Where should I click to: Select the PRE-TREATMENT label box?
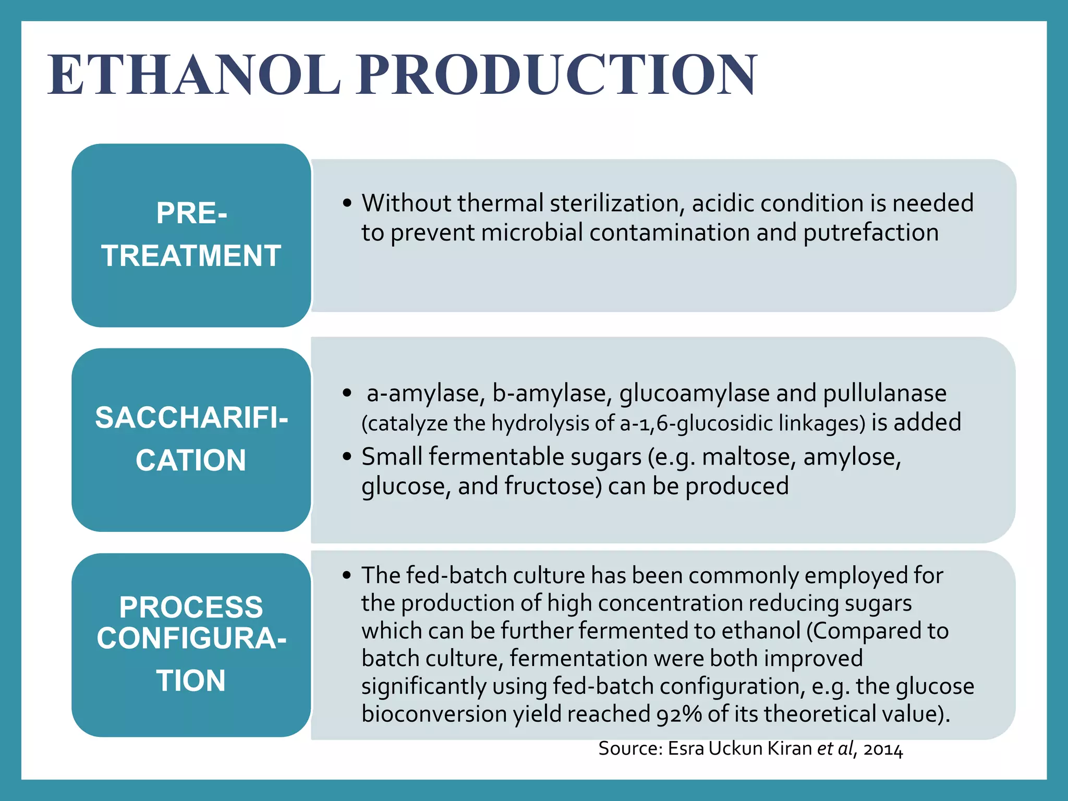pos(191,235)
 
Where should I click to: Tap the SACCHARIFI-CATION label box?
pos(191,440)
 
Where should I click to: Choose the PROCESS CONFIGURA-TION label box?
pos(191,645)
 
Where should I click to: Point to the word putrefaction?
pos(870,233)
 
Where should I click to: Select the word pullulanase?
pos(884,393)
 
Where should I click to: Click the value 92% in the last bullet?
pos(679,714)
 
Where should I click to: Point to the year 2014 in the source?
pos(883,749)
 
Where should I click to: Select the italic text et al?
pos(835,749)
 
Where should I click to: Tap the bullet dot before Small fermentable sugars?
pos(347,457)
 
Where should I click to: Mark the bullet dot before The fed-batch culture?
pos(347,576)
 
